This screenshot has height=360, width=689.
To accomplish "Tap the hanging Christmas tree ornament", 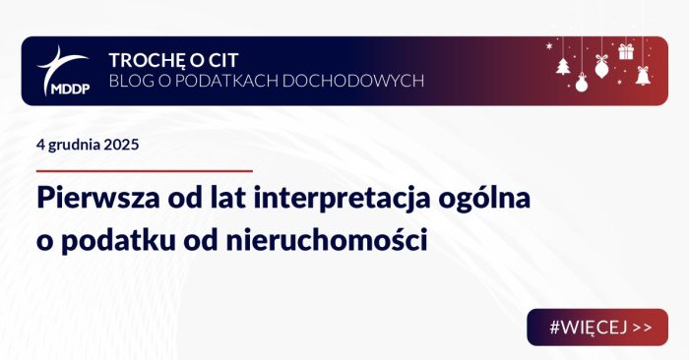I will [563, 67].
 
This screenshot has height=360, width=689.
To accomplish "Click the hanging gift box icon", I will [625, 51].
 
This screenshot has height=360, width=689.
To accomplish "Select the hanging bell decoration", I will [643, 75].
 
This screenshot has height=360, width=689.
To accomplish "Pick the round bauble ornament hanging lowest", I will [581, 86].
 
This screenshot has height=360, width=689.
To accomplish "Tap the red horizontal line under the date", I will [144, 171].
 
